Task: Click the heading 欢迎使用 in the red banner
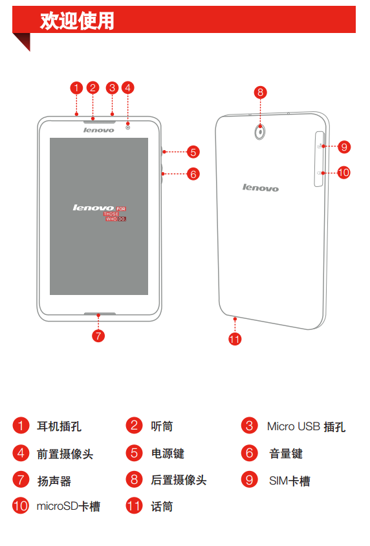click(77, 21)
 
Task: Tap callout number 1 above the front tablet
click(76, 88)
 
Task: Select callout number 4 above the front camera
click(127, 88)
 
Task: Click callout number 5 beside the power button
click(193, 152)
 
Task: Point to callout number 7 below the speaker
click(98, 336)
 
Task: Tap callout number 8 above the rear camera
click(260, 93)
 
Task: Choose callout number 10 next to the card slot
click(343, 173)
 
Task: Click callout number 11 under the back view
click(235, 339)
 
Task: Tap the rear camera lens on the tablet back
click(260, 132)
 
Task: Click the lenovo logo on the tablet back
click(261, 188)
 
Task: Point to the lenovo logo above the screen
click(98, 130)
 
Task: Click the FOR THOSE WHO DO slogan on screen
click(115, 213)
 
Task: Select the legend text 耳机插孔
click(59, 426)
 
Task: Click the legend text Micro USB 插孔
click(307, 426)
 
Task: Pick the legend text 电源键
click(168, 453)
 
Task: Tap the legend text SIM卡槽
click(290, 481)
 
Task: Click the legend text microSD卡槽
click(69, 506)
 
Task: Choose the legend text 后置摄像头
click(179, 480)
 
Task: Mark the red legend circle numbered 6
click(250, 453)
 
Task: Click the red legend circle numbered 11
click(135, 506)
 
